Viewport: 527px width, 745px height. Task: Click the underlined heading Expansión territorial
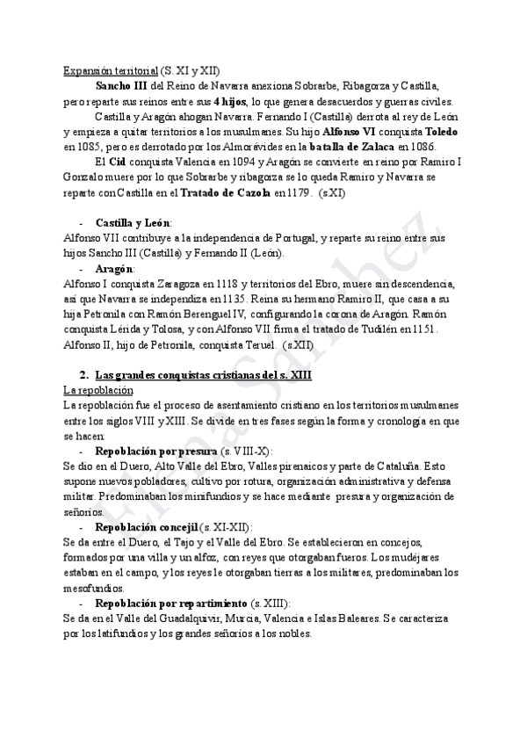click(111, 70)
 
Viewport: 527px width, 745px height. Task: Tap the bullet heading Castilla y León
click(134, 223)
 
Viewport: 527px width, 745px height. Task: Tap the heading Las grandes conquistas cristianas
click(184, 374)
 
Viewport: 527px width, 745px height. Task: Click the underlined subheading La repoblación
click(98, 389)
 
